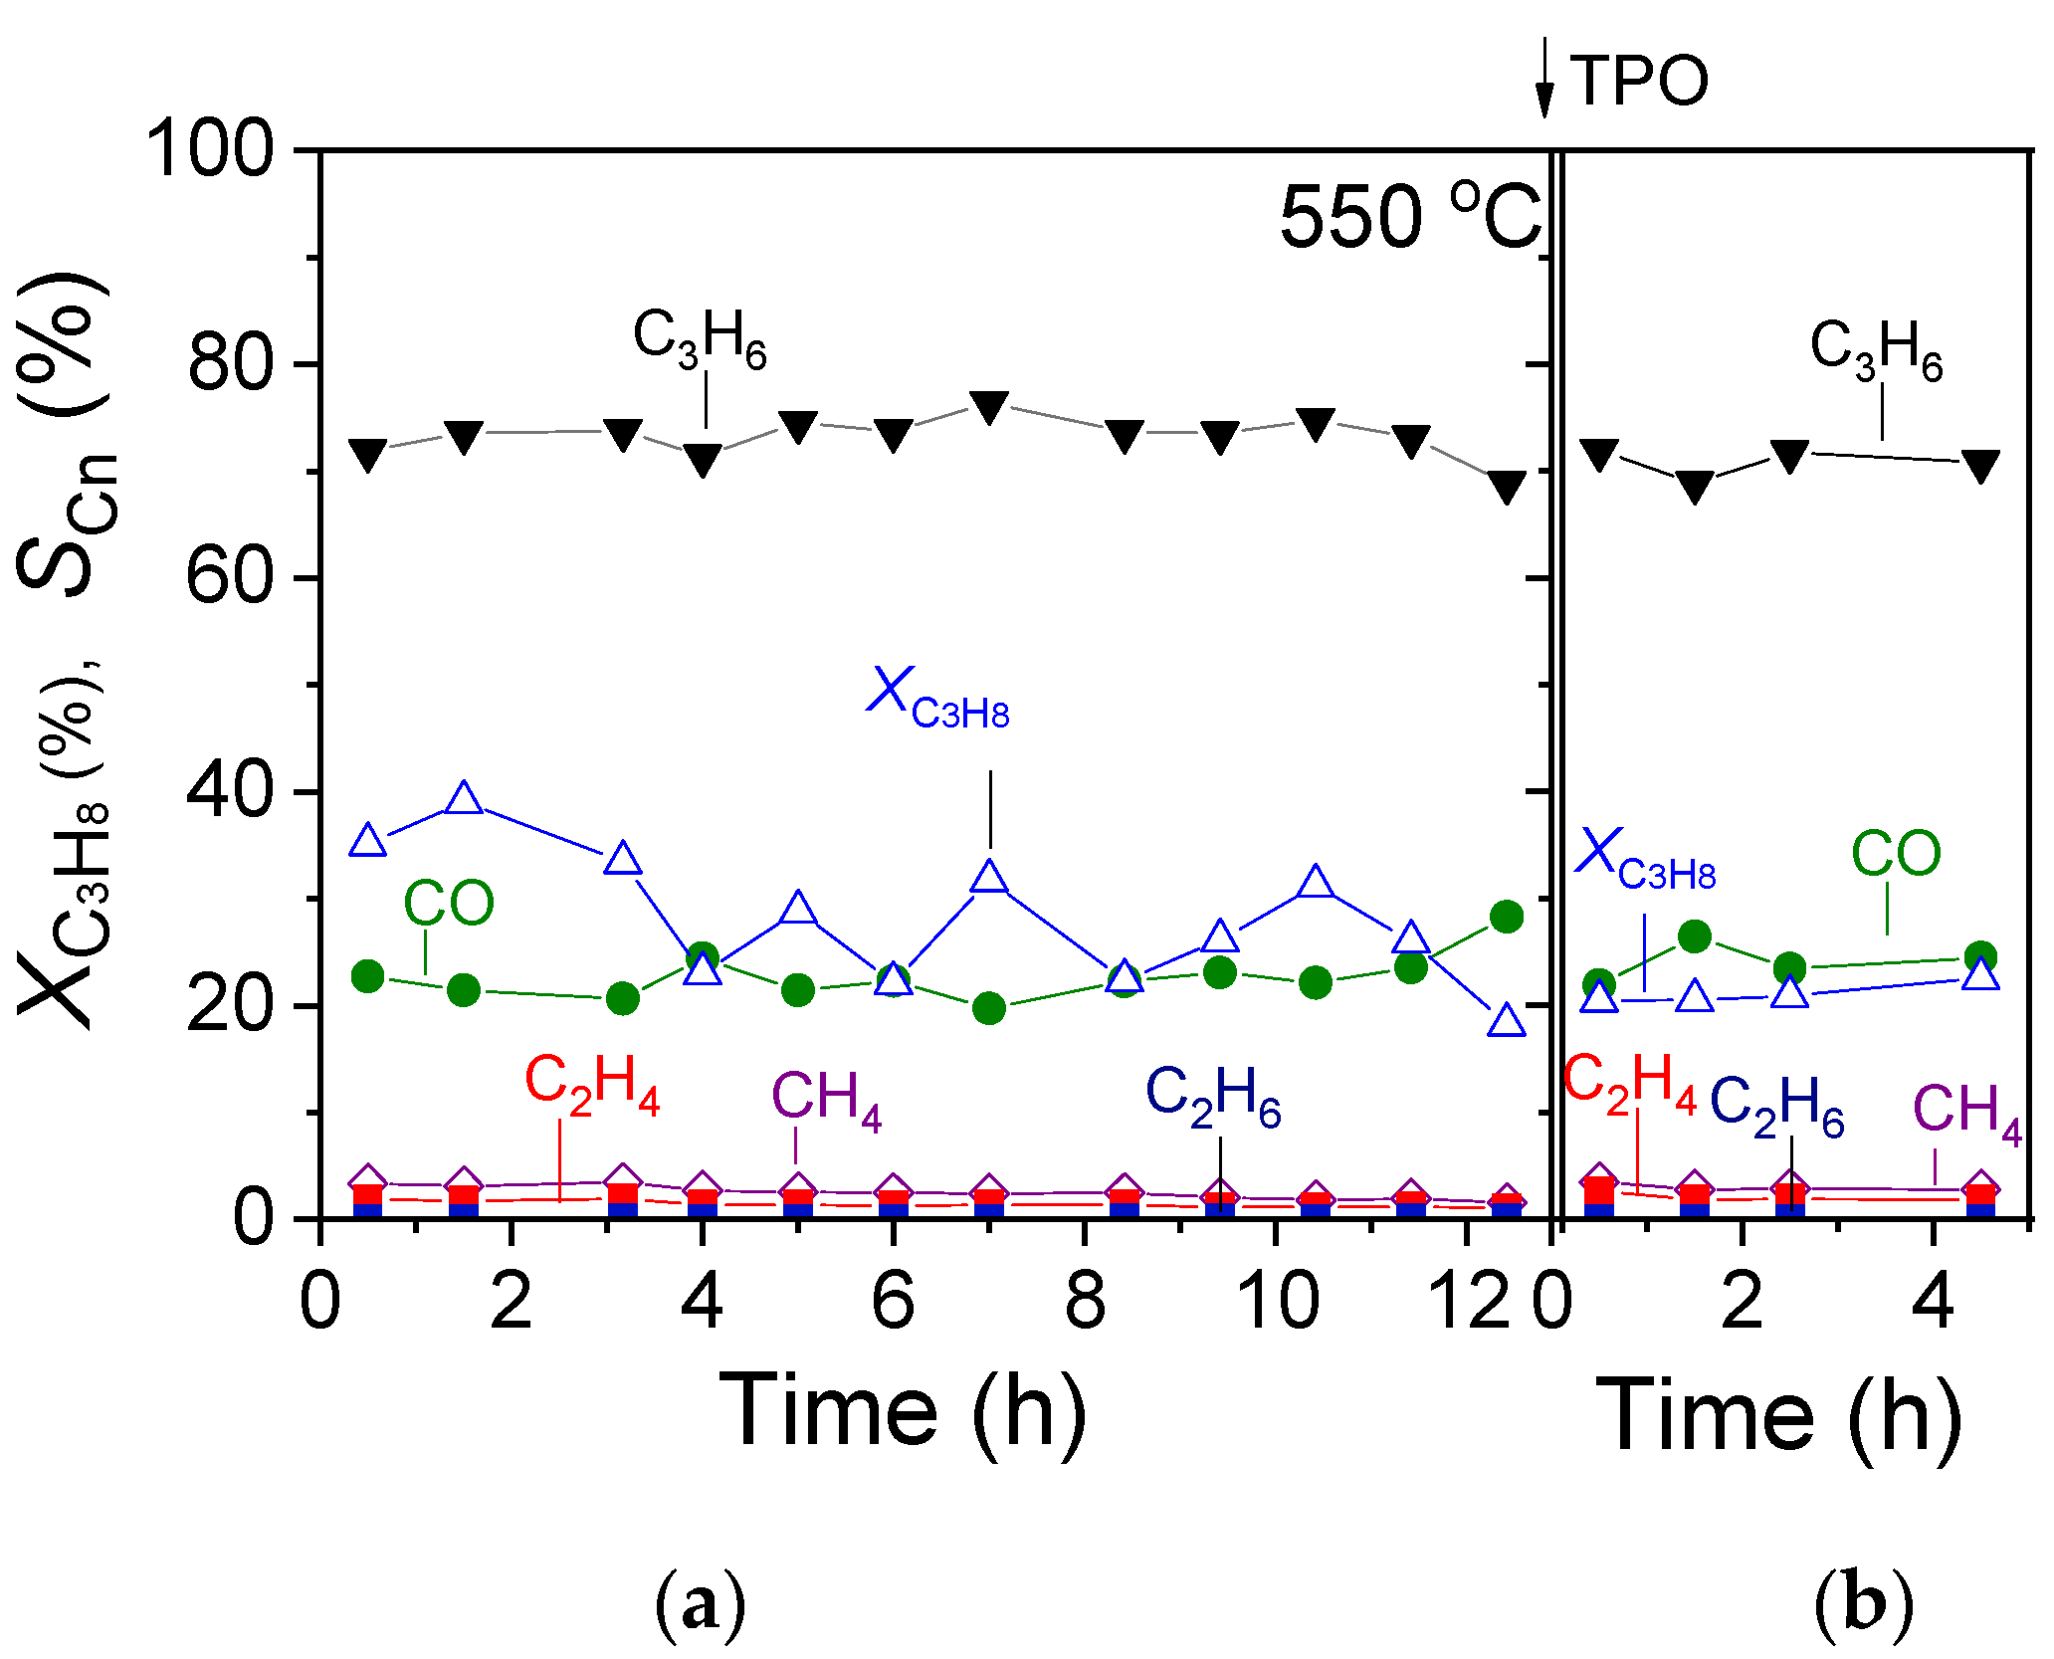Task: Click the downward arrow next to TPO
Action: tap(1543, 78)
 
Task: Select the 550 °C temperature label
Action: tap(1409, 217)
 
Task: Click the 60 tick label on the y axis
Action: tap(229, 577)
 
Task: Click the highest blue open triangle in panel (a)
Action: tap(464, 798)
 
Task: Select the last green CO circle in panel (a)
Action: tap(1506, 917)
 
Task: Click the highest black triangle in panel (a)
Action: tap(989, 406)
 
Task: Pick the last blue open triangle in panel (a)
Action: tap(1506, 1021)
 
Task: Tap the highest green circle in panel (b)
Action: tap(1694, 936)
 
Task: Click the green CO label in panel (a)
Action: tap(448, 904)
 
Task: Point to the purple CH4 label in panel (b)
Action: tap(1966, 1113)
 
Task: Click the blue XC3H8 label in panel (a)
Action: tap(937, 699)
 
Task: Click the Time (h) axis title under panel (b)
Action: tap(1779, 1415)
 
